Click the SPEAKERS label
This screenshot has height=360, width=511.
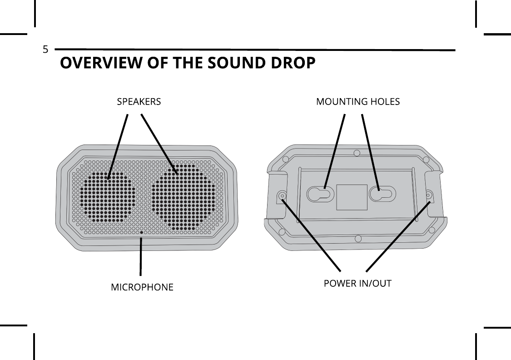point(139,102)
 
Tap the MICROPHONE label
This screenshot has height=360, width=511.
point(142,287)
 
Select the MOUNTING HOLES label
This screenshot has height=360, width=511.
point(358,102)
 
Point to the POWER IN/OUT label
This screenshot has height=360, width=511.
point(357,284)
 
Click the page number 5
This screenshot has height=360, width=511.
point(45,50)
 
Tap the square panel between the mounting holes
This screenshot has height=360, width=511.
point(352,197)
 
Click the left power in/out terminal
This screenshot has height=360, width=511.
point(283,197)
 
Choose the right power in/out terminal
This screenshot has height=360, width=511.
point(429,196)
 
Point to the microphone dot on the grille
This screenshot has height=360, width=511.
point(141,232)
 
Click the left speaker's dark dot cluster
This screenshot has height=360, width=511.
point(108,195)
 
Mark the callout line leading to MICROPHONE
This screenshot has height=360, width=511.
point(141,257)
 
